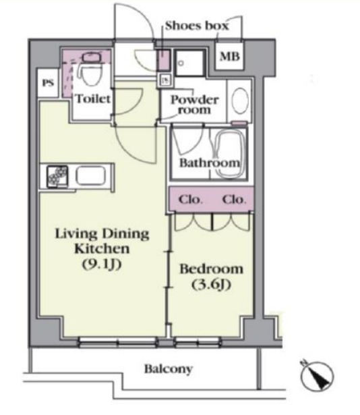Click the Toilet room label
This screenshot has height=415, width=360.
93,99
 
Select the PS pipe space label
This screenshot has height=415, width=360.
48,83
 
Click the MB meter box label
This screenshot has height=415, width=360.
230,57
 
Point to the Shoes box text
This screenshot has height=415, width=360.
197,26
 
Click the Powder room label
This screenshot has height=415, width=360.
195,105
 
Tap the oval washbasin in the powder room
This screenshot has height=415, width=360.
240,101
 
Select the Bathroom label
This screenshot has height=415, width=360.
210,163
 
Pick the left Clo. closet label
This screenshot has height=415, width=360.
190,199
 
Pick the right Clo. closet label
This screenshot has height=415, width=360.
234,199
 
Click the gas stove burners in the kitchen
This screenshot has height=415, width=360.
57,176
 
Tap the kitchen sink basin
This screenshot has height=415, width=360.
91,176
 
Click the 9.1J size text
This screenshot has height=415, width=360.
102,264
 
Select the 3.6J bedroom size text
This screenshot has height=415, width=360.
211,284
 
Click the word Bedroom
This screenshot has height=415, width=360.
211,269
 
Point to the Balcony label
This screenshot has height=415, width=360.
169,369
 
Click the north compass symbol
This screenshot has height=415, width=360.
317,376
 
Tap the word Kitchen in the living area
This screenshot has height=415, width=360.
102,248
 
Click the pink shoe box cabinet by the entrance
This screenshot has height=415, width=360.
163,60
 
